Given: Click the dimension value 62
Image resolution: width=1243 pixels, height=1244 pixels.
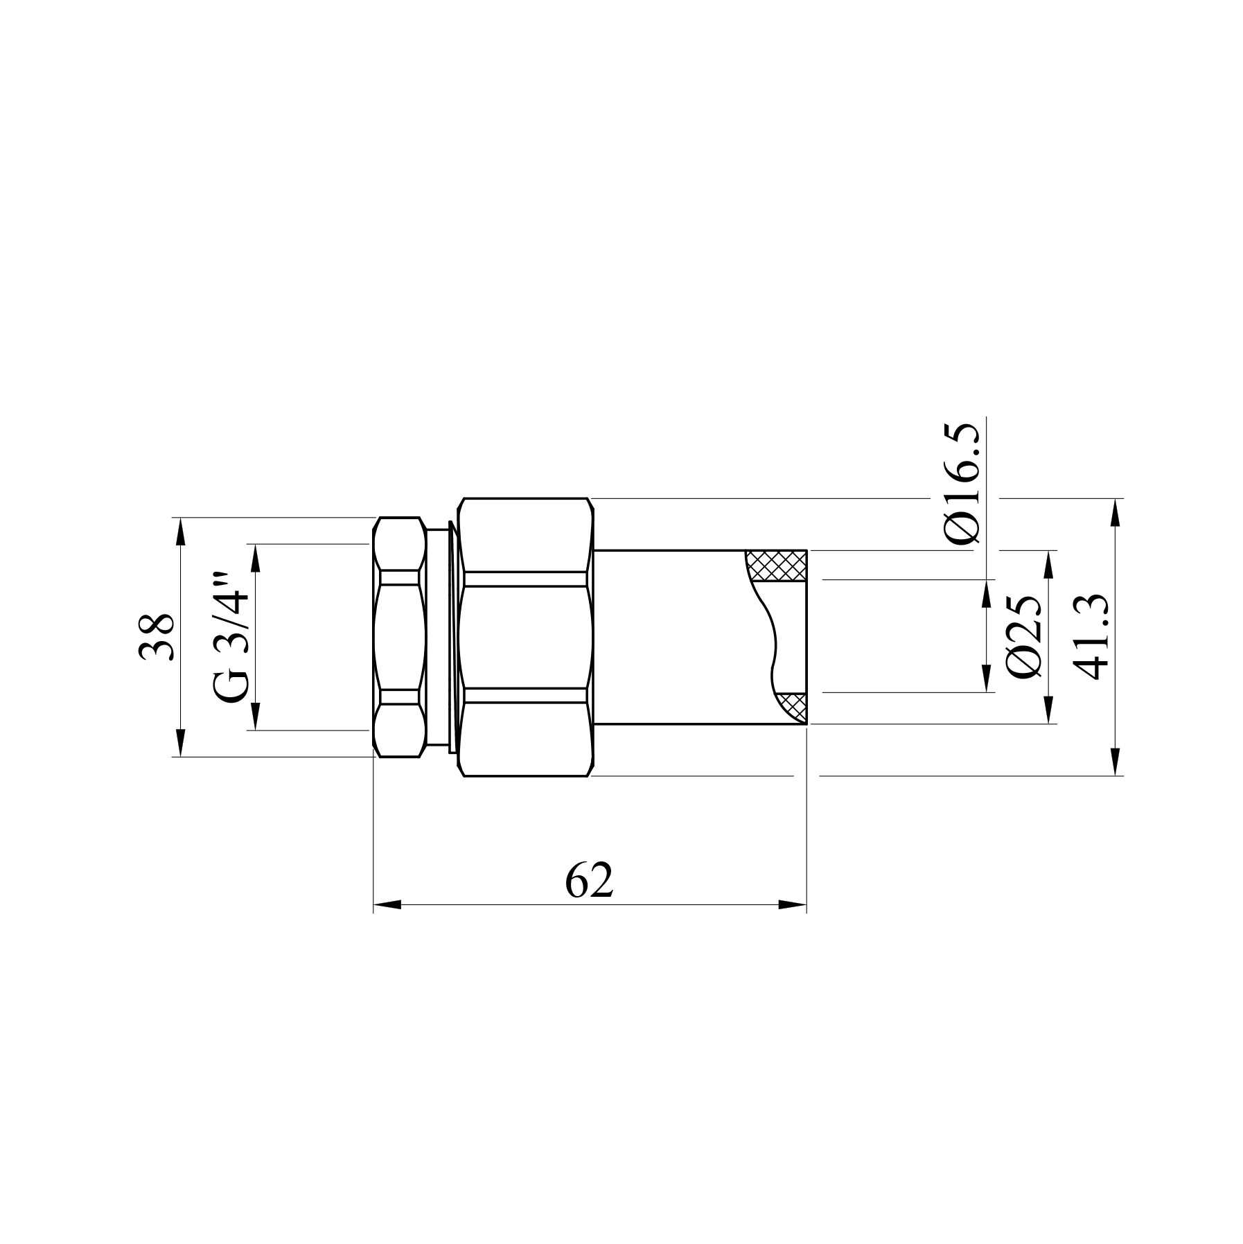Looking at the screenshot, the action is coord(589,881).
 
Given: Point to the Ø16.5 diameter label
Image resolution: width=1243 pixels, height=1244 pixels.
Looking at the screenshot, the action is coord(963,482).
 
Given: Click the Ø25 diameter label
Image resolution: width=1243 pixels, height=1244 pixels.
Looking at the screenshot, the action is coord(1024,636).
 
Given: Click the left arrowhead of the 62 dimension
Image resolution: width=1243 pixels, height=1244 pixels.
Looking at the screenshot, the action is coord(387,904).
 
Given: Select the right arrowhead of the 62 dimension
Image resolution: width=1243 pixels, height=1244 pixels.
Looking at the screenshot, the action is coord(793,904).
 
